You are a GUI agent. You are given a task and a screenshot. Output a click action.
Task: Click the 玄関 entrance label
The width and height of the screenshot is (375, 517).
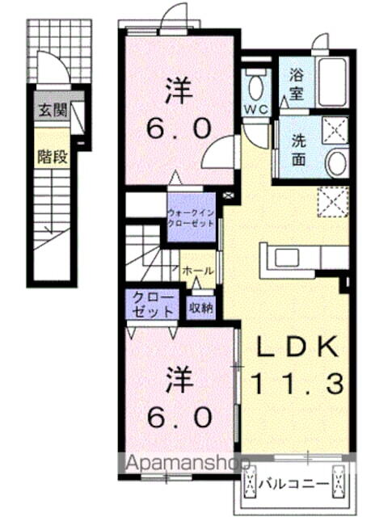point(51,111)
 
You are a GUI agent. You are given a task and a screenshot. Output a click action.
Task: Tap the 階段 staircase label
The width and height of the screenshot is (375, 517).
point(51,156)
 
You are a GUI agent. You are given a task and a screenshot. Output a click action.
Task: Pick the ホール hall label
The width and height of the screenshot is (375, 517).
point(198,272)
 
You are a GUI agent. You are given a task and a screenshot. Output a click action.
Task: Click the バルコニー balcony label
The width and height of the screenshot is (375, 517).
point(294,484)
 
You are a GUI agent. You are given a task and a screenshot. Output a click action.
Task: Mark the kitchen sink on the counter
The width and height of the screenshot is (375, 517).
point(288,258)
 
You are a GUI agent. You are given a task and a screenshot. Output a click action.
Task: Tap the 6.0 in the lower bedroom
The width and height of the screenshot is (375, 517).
point(180,416)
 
